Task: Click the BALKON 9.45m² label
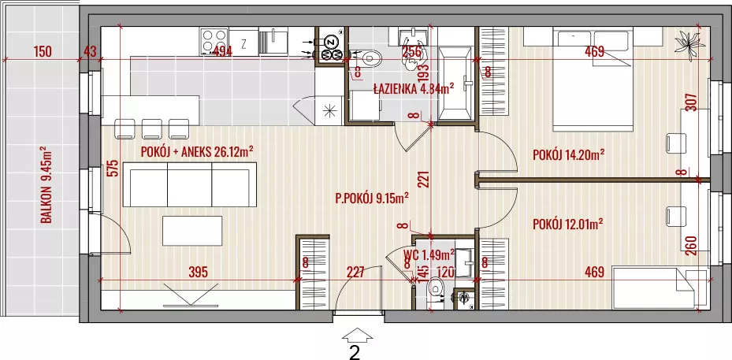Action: pyautogui.click(x=46, y=185)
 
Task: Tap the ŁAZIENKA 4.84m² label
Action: pyautogui.click(x=414, y=89)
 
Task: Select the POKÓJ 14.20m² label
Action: pyautogui.click(x=569, y=154)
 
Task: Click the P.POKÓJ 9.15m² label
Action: pyautogui.click(x=373, y=199)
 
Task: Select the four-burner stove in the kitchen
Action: pyautogui.click(x=214, y=42)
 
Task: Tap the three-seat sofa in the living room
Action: pyautogui.click(x=190, y=185)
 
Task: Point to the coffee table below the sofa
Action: pyautogui.click(x=192, y=231)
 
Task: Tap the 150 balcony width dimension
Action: pyautogui.click(x=43, y=51)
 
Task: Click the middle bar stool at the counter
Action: pyautogui.click(x=152, y=129)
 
